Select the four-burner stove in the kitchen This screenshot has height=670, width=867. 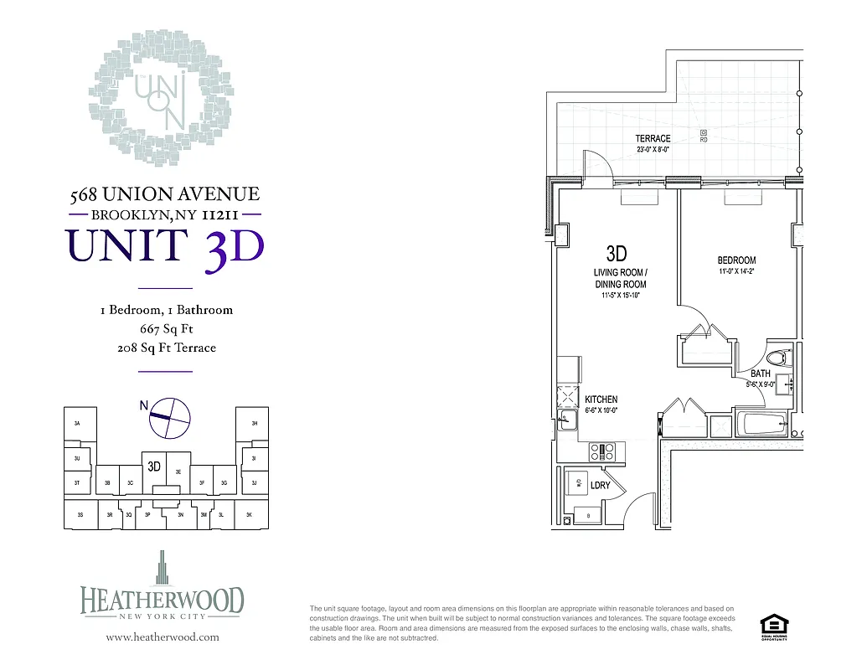pos(602,452)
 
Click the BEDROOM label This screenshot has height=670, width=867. pos(736,260)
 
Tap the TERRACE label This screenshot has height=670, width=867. pos(653,138)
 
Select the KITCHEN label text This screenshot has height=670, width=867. pos(601,399)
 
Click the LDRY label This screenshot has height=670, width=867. pos(600,486)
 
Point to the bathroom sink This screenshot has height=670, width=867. pos(787,385)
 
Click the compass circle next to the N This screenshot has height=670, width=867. pos(170,417)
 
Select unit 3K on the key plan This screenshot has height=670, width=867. pos(249,515)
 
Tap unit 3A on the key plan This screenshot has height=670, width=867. pos(77,424)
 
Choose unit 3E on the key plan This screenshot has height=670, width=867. pos(178,472)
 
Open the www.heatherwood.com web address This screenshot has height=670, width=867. pos(163,637)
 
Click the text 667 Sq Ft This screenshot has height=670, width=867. pos(166,329)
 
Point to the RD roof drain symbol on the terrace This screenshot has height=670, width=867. pos(703,133)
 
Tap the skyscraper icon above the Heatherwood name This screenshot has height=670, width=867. pos(163,568)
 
